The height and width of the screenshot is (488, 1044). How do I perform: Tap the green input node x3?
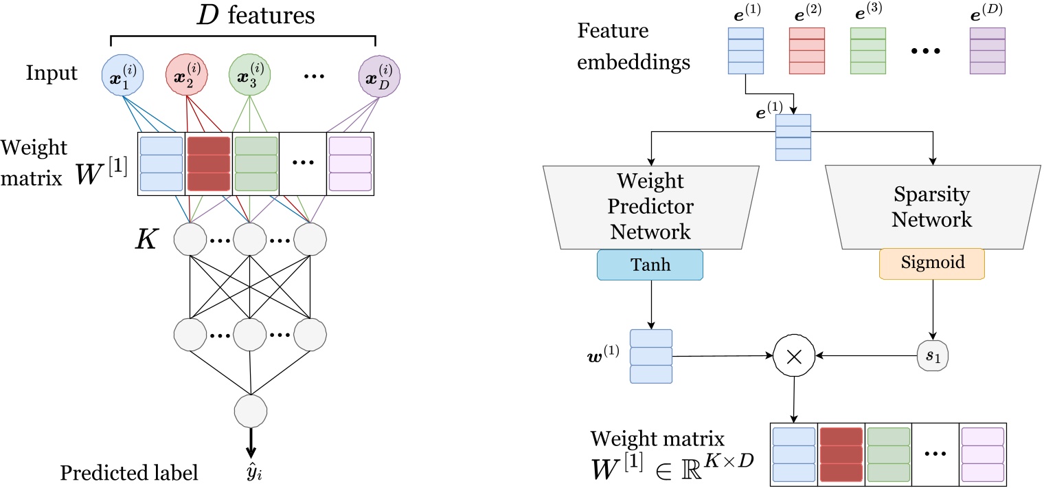click(x=249, y=74)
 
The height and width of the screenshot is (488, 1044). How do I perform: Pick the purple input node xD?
click(x=379, y=74)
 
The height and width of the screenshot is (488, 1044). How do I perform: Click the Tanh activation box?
click(x=650, y=265)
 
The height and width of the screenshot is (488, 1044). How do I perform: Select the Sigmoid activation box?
click(x=933, y=263)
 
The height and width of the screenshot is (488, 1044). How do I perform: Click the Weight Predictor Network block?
click(x=650, y=206)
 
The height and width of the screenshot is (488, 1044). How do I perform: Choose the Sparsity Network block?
click(x=933, y=206)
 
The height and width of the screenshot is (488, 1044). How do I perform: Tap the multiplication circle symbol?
click(x=795, y=356)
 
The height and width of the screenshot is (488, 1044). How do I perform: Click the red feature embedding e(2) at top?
click(x=806, y=50)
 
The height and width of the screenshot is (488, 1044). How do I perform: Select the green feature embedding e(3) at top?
click(x=868, y=50)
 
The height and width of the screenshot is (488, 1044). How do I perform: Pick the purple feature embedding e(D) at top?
click(x=987, y=50)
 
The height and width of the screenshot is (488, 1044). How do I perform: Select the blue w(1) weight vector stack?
click(x=650, y=356)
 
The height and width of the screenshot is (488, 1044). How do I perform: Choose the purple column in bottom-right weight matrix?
click(x=982, y=455)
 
